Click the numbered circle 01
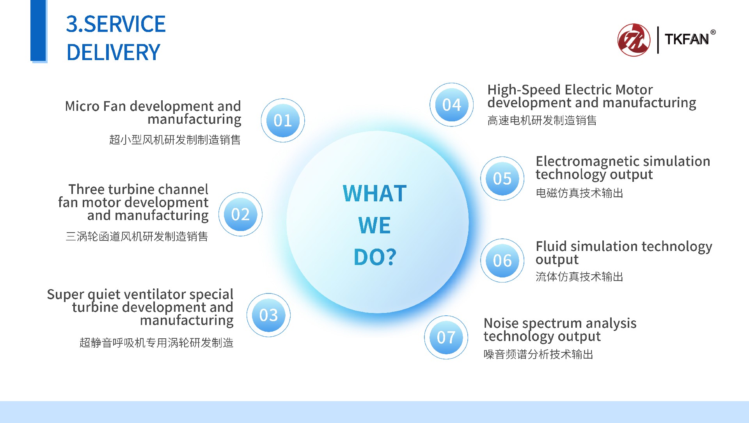tap(283, 120)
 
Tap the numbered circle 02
tap(240, 214)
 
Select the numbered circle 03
tap(268, 315)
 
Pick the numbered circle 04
tap(452, 105)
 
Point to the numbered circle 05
tap(502, 178)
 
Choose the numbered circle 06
tap(502, 260)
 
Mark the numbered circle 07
tap(446, 337)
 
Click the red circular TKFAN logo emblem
tap(634, 40)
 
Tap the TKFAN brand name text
tap(687, 39)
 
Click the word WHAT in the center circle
tap(374, 193)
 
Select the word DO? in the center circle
tap(375, 257)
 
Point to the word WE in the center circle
tap(374, 225)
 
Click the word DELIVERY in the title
tap(113, 52)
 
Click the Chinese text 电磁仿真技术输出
tap(579, 193)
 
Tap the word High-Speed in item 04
tap(524, 90)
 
